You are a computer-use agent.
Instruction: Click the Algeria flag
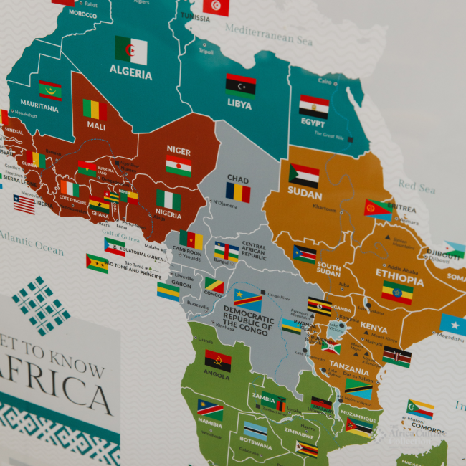[131, 50]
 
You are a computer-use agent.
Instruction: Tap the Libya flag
[240, 85]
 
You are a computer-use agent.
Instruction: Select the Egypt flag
[314, 106]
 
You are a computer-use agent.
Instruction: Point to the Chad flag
[238, 192]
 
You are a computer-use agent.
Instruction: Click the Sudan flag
[304, 175]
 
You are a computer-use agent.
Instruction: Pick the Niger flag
[179, 166]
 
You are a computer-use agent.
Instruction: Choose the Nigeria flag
[168, 200]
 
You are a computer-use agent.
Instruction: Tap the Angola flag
[218, 361]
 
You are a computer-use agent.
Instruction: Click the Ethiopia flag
[396, 292]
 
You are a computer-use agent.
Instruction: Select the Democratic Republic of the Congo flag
[248, 300]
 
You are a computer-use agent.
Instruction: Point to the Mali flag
[95, 110]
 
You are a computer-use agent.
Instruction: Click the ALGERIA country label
[130, 73]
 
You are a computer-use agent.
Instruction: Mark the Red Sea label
[417, 187]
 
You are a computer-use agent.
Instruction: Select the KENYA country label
[373, 328]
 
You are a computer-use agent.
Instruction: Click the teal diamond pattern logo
[42, 305]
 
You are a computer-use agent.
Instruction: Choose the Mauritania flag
[50, 90]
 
